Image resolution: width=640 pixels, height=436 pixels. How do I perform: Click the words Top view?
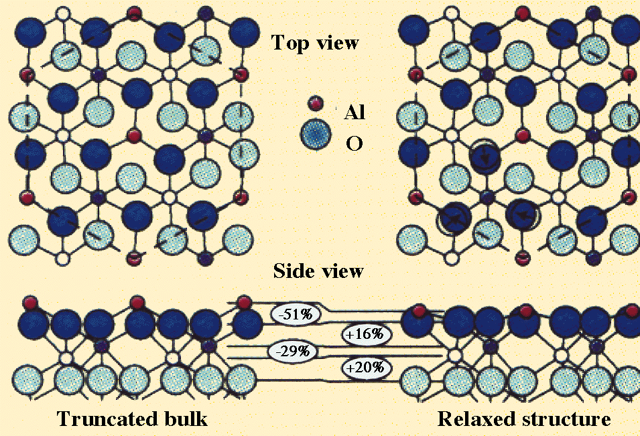[314, 43]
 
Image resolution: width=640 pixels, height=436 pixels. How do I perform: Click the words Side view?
[318, 271]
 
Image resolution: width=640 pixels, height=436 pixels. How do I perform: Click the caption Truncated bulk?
[132, 420]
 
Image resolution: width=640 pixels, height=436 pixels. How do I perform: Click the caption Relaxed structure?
[524, 420]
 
